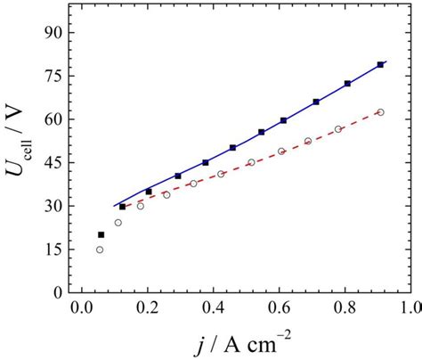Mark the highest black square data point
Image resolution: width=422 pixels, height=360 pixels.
click(x=381, y=65)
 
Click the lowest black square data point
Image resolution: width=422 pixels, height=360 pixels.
click(x=101, y=235)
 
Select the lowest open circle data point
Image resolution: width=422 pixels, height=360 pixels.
click(x=100, y=250)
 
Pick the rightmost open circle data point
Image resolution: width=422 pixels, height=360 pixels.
click(x=381, y=112)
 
